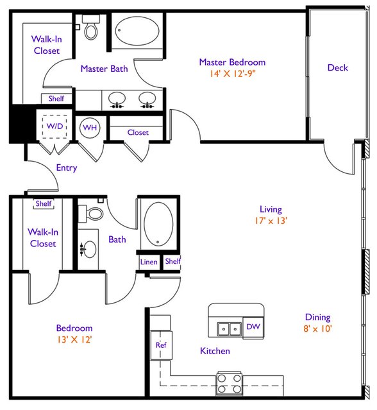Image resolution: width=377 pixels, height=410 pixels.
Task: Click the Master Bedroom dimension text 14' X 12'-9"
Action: pyautogui.click(x=232, y=74)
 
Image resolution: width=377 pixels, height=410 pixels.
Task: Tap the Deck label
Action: pyautogui.click(x=337, y=68)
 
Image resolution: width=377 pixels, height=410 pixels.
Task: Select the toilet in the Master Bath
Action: pyautogui.click(x=90, y=27)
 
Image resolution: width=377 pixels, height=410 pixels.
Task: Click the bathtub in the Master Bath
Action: pyautogui.click(x=137, y=31)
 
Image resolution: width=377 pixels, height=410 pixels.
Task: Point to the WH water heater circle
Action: pyautogui.click(x=90, y=128)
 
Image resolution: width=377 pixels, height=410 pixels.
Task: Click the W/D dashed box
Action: pyautogui.click(x=54, y=126)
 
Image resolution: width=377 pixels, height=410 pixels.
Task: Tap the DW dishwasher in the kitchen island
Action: pyautogui.click(x=253, y=327)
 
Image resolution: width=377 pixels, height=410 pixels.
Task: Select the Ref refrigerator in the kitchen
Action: pyautogui.click(x=161, y=345)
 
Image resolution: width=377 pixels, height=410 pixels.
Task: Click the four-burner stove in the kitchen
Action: pyautogui.click(x=230, y=384)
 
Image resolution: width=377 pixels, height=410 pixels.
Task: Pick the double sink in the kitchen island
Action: pyautogui.click(x=229, y=329)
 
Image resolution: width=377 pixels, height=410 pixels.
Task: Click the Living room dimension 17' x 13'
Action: pyautogui.click(x=271, y=221)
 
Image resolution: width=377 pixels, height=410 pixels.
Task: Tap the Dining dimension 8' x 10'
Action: pyautogui.click(x=317, y=329)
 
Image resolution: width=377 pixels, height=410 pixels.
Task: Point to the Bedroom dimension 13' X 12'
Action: pyautogui.click(x=74, y=339)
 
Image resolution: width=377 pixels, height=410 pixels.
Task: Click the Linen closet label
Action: pyautogui.click(x=149, y=262)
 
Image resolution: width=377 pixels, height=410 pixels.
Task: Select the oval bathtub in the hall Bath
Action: pyautogui.click(x=158, y=224)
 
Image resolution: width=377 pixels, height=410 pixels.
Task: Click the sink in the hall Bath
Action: pyautogui.click(x=89, y=249)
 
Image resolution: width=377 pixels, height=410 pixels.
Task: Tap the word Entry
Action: pyautogui.click(x=67, y=168)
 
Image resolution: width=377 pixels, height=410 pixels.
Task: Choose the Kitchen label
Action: pyautogui.click(x=215, y=351)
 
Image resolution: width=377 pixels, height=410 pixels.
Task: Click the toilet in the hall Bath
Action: pyautogui.click(x=90, y=214)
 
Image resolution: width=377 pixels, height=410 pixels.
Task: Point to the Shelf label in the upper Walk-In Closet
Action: pyautogui.click(x=56, y=99)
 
